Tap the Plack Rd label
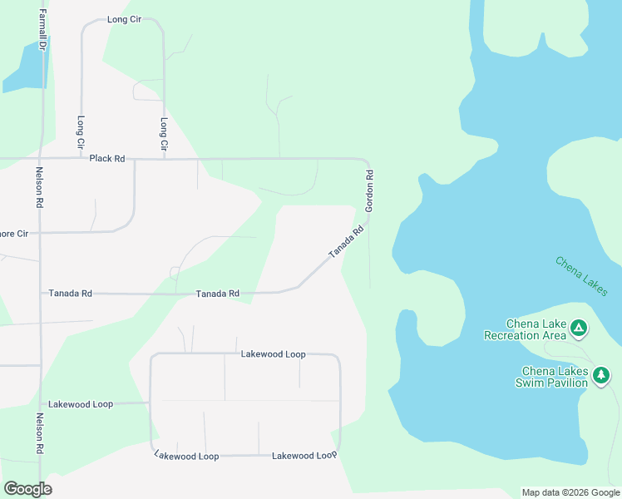[107, 158]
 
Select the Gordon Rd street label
[370, 190]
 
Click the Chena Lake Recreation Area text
[526, 329]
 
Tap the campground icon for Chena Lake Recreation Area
[579, 329]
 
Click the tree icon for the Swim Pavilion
[600, 377]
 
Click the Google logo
[27, 489]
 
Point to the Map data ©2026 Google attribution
[571, 492]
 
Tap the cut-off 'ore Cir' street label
[14, 234]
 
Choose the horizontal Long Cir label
[125, 19]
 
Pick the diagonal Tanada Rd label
[347, 242]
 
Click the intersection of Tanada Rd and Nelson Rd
[40, 293]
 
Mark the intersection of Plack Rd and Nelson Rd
[40, 158]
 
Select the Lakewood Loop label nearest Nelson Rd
[81, 404]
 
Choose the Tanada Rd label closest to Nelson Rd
[70, 293]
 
